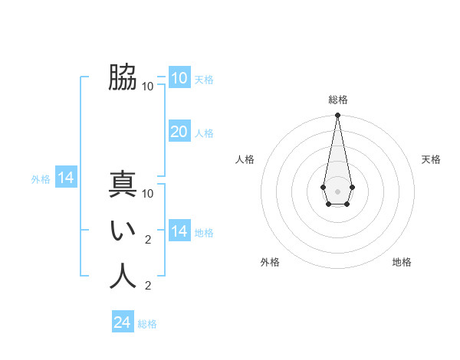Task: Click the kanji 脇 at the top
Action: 123,77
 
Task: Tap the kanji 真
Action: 123,185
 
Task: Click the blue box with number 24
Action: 123,322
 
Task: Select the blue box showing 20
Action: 179,132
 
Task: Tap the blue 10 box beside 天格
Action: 179,78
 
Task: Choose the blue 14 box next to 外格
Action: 66,178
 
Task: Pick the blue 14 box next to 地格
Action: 179,231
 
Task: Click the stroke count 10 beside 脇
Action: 148,86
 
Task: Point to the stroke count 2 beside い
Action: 148,240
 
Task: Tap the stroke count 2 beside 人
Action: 148,286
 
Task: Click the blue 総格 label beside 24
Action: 147,324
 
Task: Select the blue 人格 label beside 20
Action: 204,133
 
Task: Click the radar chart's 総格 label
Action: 337,100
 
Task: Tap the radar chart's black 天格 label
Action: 431,159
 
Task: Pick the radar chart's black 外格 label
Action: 270,262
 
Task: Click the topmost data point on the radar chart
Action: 337,116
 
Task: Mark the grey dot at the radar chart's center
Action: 337,190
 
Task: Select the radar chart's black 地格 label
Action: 402,262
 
